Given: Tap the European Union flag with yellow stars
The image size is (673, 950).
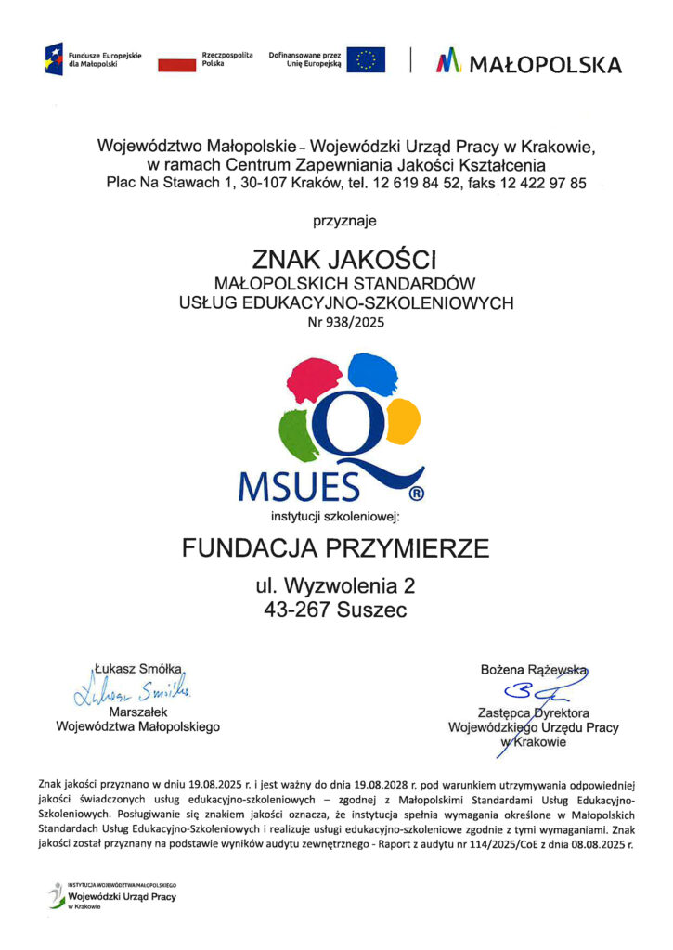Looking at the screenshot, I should (366, 60).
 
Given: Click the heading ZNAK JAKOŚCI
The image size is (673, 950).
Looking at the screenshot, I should (344, 259).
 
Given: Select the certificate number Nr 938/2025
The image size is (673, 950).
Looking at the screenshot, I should (344, 324).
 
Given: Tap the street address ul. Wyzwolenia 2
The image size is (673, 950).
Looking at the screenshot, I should (335, 586).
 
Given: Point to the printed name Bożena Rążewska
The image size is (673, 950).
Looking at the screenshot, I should (533, 669).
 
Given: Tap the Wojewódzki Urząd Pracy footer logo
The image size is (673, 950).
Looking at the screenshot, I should (115, 896).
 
